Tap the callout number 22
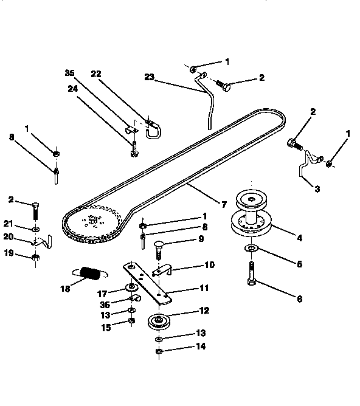pos(95,74)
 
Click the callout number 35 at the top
pos(69,74)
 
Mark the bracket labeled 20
pos(42,242)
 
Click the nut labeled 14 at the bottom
pos(158,351)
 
